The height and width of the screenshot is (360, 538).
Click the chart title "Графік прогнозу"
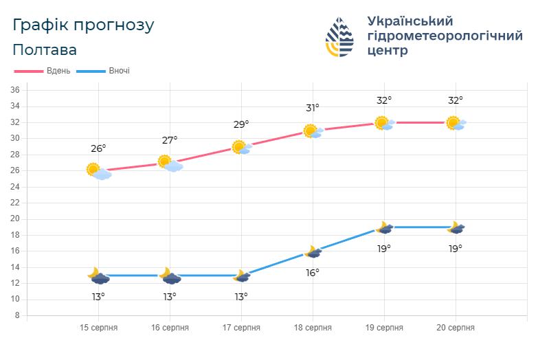point(84,25)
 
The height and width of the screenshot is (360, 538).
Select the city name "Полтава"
point(45,50)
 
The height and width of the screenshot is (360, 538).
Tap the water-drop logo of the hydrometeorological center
point(339,36)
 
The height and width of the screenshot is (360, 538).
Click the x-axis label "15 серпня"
point(98,328)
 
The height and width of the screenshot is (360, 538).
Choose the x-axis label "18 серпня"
point(313,328)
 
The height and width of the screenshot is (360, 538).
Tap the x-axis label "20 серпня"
point(456,328)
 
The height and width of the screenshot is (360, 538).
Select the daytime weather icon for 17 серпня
point(241,147)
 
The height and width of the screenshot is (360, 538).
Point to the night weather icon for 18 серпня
point(313,252)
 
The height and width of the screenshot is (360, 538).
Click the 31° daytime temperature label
point(313,108)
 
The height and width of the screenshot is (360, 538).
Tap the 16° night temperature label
point(313,273)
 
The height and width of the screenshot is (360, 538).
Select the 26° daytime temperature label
point(98,148)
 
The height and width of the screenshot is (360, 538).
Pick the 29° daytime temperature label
point(241,124)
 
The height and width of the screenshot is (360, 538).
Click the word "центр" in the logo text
point(388,51)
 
